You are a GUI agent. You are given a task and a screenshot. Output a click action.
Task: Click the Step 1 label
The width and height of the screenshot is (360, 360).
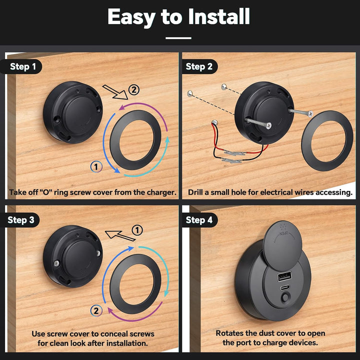point(22,66)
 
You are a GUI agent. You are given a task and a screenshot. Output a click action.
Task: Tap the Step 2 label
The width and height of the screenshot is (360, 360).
point(199,66)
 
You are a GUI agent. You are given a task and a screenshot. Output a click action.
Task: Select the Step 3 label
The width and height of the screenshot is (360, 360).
point(21,220)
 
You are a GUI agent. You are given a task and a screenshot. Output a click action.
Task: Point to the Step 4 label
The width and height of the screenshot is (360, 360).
point(199,220)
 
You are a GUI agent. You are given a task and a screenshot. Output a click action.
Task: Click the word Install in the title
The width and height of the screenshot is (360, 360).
point(219,16)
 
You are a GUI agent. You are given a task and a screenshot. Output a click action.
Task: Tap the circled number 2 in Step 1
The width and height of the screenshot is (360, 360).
point(133,90)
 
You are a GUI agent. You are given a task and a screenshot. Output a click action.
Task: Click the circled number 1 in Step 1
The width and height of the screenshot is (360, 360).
point(96,166)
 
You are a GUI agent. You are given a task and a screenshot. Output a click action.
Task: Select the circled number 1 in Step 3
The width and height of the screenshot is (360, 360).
point(137,230)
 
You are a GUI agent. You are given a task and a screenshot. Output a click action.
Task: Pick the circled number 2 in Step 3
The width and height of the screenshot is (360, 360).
point(96,311)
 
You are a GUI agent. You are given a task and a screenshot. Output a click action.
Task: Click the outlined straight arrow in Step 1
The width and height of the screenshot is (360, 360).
point(115,92)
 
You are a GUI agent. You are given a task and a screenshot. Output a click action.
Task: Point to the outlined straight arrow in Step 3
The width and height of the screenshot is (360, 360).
point(120,236)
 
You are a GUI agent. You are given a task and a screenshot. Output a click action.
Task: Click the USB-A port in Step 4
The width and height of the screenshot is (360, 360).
point(284,276)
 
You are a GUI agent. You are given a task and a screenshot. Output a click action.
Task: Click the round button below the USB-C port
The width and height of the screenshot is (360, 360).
point(285,298)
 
